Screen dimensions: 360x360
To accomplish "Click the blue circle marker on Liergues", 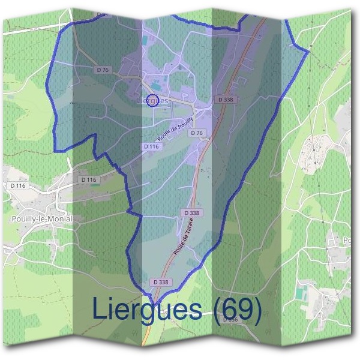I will coord(152,100).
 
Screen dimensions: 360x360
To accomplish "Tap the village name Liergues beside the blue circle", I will coord(152,101).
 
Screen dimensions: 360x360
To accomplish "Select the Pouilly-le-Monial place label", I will coord(42,219).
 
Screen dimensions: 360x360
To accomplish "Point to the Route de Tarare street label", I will coord(185,237).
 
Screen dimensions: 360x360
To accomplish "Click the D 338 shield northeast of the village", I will coord(226,100).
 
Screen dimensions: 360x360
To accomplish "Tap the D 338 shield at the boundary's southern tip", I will coord(161,282).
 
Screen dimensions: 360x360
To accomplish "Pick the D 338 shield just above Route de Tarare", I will coord(191,212).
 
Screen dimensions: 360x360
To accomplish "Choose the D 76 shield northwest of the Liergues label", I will coord(103,70).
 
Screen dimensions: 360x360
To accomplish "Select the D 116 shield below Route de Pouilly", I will coord(152,146).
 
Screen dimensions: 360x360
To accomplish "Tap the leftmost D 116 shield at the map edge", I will coord(17,185).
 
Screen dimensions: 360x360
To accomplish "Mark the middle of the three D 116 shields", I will coord(88,179).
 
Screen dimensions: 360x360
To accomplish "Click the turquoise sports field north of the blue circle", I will coord(156,86).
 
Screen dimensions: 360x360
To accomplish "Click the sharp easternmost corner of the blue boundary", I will coord(308,52).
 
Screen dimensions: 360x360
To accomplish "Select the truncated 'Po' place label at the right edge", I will coord(347,241).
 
